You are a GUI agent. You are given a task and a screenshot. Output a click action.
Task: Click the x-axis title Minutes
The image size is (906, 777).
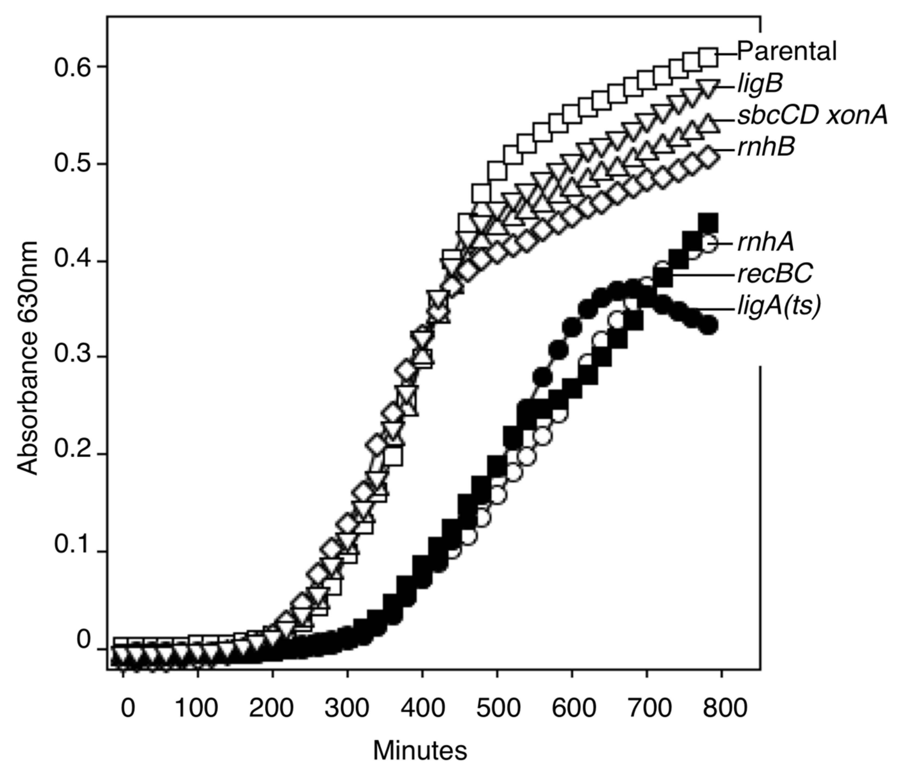[x=420, y=751]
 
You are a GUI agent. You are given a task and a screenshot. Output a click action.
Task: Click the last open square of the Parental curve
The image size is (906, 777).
[x=708, y=57]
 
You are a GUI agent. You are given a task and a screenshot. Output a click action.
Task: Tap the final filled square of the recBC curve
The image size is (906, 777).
[x=708, y=223]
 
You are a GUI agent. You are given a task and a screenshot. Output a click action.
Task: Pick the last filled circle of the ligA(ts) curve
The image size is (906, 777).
[x=709, y=326]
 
